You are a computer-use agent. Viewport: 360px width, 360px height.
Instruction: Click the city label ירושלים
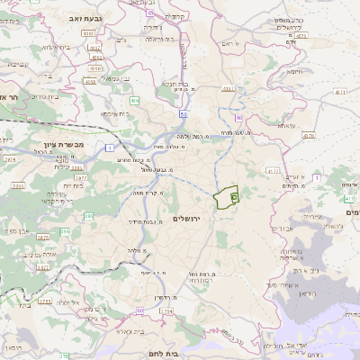pos(189,219)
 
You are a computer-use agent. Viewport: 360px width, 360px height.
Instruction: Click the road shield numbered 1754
pos(166,312)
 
